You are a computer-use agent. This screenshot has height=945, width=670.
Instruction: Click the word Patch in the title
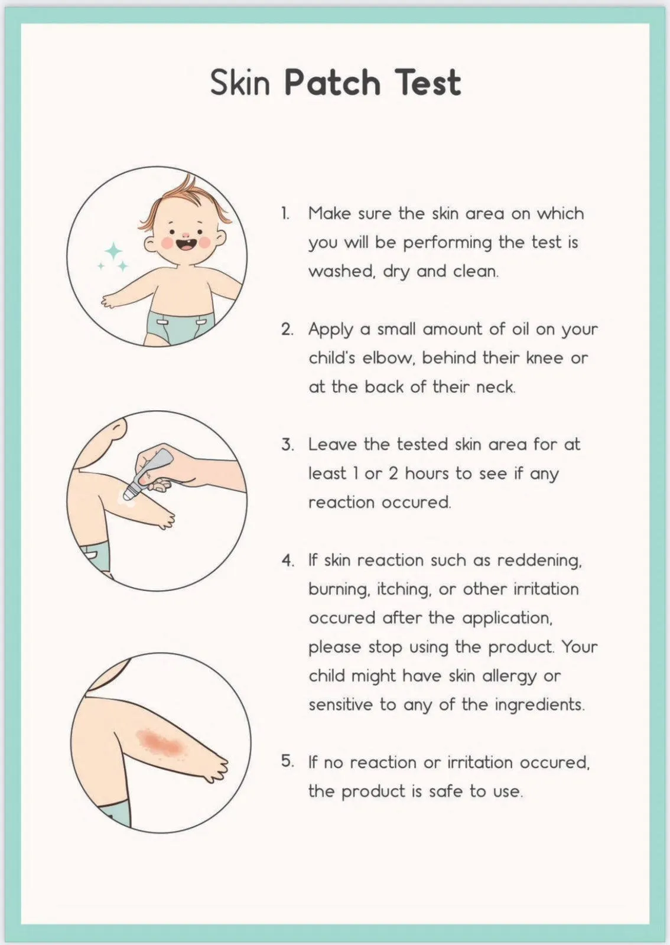tap(333, 82)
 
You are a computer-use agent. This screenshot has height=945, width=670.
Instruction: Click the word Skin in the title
tap(240, 82)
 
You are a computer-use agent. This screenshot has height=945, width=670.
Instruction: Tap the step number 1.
tap(285, 213)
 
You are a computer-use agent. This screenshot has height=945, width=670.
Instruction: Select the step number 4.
tap(288, 561)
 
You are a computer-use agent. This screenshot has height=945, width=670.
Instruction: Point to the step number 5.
tap(288, 761)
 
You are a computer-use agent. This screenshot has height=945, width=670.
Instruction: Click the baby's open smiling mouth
tap(185, 245)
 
